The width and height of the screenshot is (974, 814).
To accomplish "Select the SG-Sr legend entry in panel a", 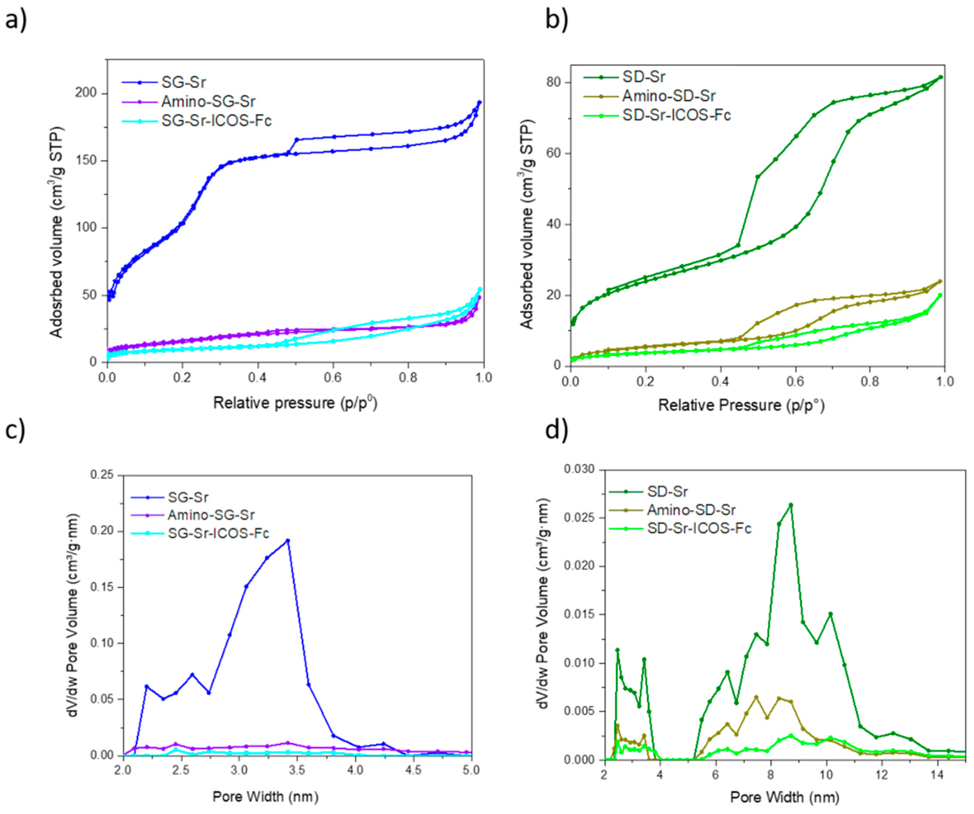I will tap(183, 82).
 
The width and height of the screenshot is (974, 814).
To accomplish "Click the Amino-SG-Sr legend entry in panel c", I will tap(211, 515).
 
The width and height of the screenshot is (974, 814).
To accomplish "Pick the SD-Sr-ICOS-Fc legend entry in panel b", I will tap(676, 115).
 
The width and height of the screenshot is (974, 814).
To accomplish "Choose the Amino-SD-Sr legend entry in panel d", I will tap(691, 510).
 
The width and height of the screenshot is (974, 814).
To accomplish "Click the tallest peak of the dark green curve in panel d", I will tap(791, 505).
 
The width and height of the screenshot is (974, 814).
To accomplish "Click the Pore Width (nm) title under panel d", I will tap(785, 797).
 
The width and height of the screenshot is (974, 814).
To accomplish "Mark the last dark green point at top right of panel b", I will tap(940, 77).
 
